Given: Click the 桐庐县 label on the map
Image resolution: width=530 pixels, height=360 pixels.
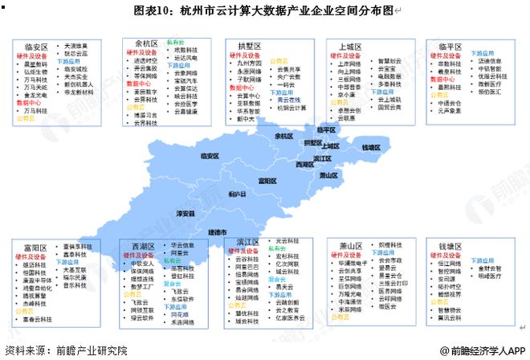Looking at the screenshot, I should [235, 194].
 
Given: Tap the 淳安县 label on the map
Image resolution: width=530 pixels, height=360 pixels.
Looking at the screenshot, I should [185, 214].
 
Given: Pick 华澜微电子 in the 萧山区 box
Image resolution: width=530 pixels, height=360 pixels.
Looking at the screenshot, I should [354, 262].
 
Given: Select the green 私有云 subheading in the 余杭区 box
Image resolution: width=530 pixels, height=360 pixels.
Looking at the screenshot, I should [176, 42].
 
